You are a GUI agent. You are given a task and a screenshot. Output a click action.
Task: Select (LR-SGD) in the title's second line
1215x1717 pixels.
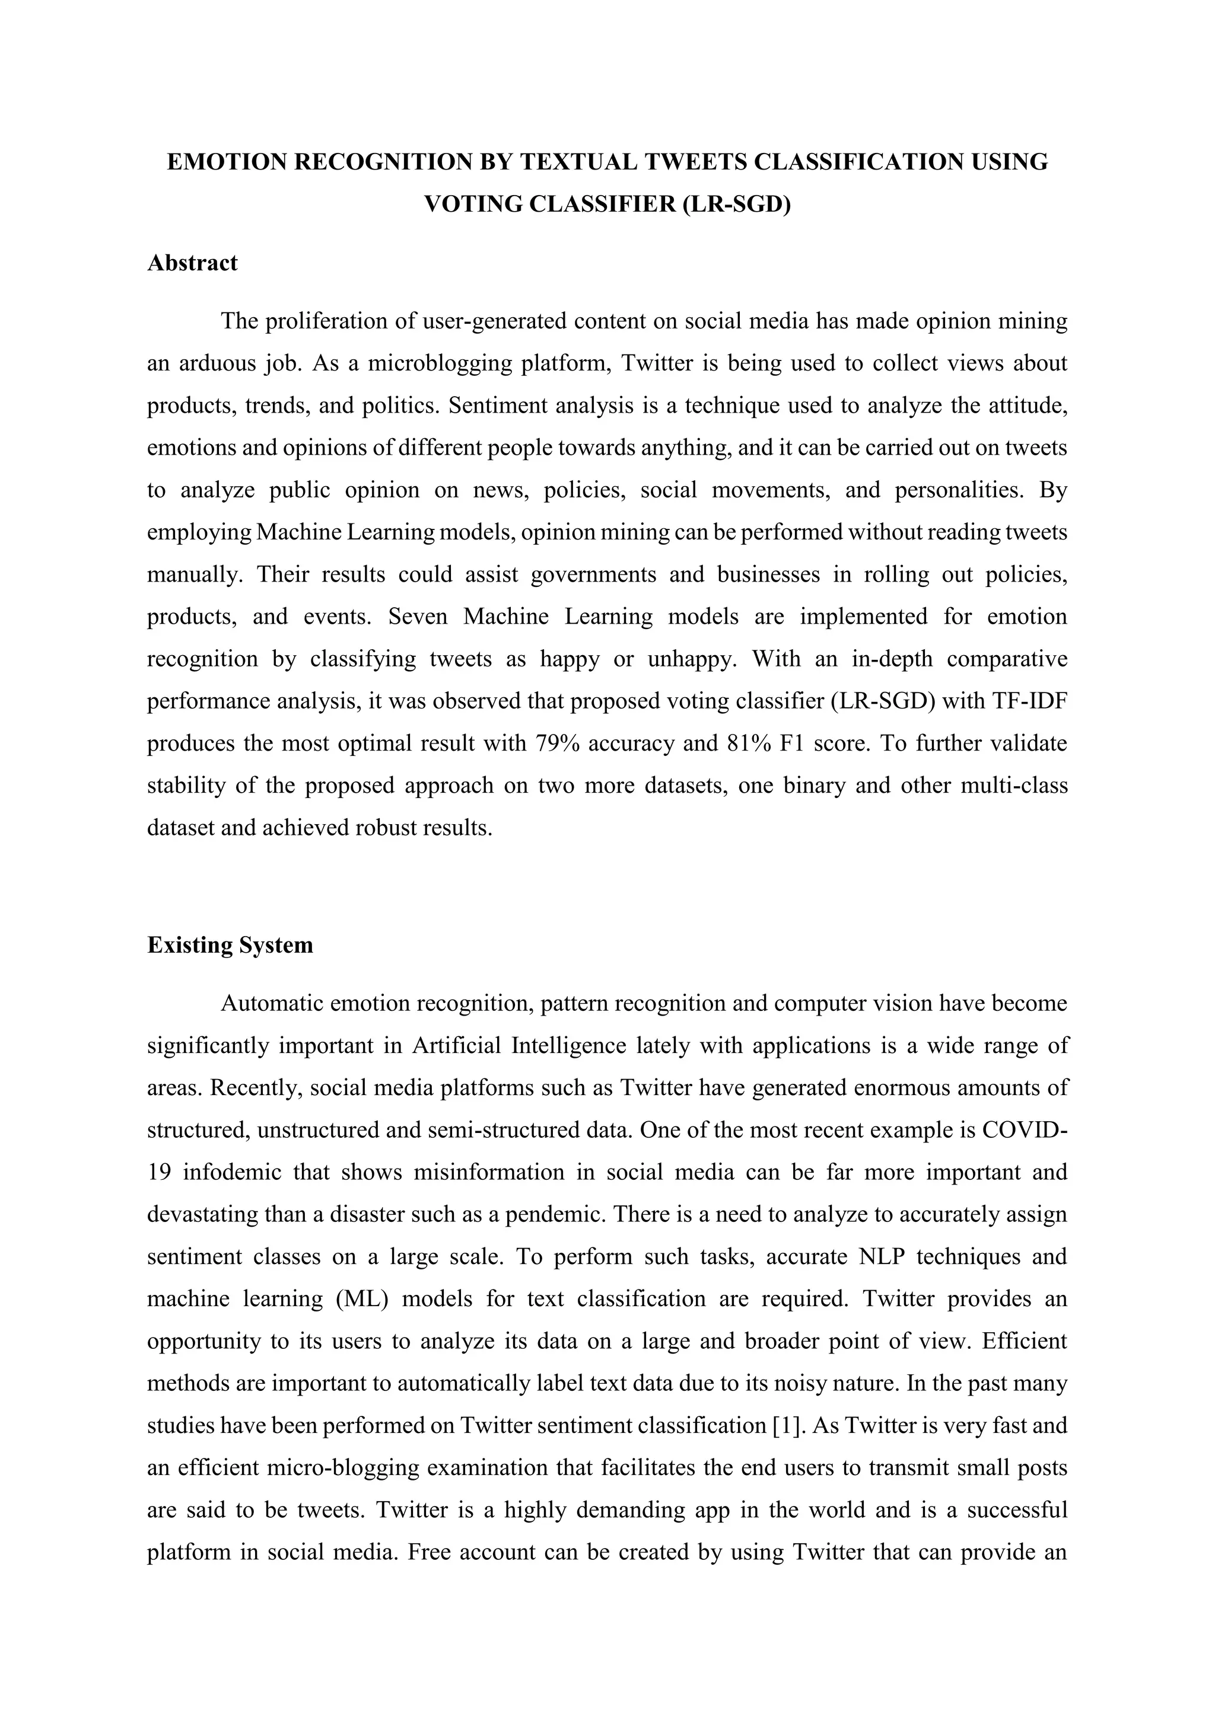tap(736, 204)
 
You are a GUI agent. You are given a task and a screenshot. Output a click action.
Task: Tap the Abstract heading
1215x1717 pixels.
tap(192, 263)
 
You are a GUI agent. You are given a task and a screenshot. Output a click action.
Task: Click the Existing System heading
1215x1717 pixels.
tap(230, 945)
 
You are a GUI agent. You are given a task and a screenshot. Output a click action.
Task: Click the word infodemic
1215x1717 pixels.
tap(231, 1172)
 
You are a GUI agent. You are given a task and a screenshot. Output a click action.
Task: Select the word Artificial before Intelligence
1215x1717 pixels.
tap(456, 1045)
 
